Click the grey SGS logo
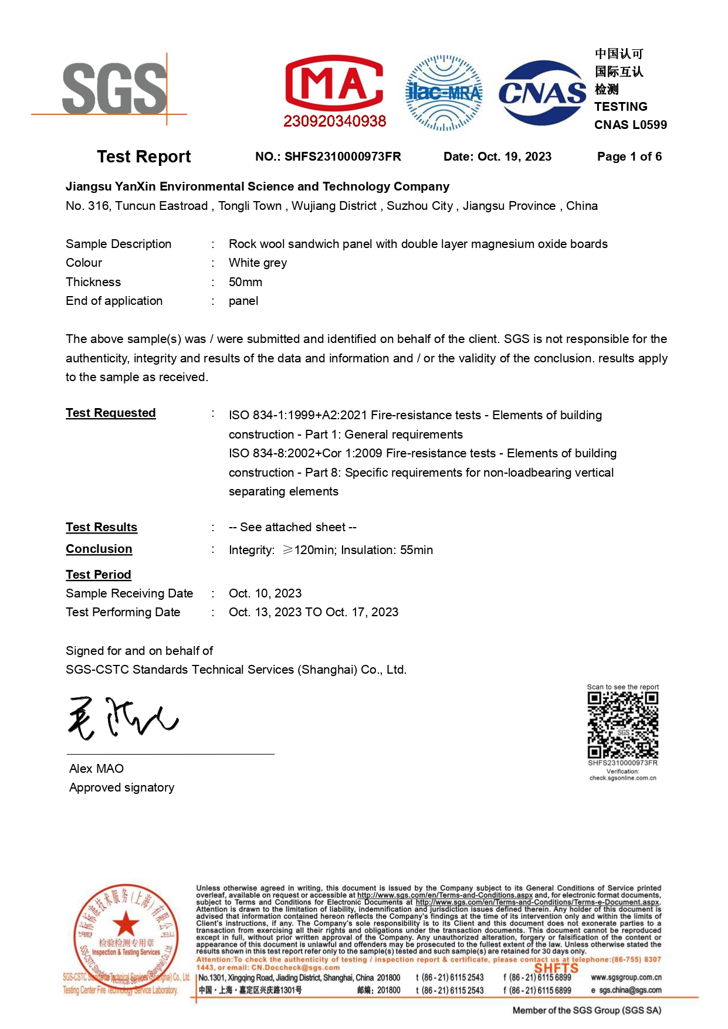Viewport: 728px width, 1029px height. [x=114, y=89]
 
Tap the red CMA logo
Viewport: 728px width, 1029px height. [x=334, y=83]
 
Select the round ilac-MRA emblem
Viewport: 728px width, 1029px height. [x=444, y=93]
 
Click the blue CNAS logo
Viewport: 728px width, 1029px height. [x=542, y=93]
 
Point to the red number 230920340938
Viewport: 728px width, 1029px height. [x=334, y=121]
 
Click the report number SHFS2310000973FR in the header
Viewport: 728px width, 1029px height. [x=343, y=157]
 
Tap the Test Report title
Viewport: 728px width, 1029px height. [x=144, y=157]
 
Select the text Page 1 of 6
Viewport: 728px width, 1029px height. [x=629, y=157]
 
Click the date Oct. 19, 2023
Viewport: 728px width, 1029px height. [x=514, y=157]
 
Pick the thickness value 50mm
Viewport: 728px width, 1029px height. [x=245, y=282]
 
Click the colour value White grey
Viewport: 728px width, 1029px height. [x=258, y=263]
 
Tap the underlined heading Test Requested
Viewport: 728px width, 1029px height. [x=110, y=413]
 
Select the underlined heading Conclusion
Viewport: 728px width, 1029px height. [x=99, y=549]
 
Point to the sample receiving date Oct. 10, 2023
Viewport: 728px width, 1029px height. [x=265, y=593]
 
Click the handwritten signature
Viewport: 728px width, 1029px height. [x=123, y=718]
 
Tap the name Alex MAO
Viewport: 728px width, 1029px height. [x=96, y=769]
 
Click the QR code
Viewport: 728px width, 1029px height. [x=622, y=725]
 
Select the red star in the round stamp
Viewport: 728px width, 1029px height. [x=126, y=925]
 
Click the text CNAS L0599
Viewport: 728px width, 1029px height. [x=630, y=125]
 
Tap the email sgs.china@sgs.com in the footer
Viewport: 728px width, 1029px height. [x=630, y=990]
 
